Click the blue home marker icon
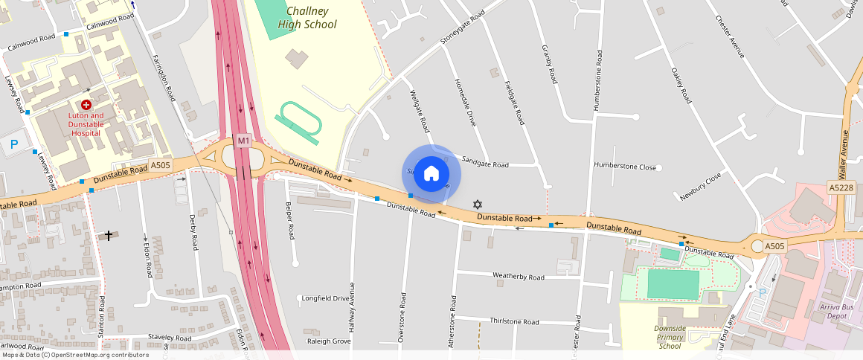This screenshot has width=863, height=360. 431,174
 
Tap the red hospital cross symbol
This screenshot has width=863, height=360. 86,106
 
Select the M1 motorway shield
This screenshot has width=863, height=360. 243,141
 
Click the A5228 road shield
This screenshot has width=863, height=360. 842,189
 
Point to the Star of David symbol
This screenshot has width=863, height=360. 478,204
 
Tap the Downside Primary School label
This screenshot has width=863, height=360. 669,337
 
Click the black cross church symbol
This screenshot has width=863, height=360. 109,235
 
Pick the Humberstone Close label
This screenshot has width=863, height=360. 625,167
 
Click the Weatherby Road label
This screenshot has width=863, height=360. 519,277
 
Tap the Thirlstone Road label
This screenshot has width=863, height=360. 514,322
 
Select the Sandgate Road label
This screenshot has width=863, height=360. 485,164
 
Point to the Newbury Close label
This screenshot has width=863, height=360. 700,188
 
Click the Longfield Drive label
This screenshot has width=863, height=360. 324,298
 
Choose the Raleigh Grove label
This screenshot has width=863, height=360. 329,341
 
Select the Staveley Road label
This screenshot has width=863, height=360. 170,338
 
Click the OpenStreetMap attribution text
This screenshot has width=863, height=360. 75,355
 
